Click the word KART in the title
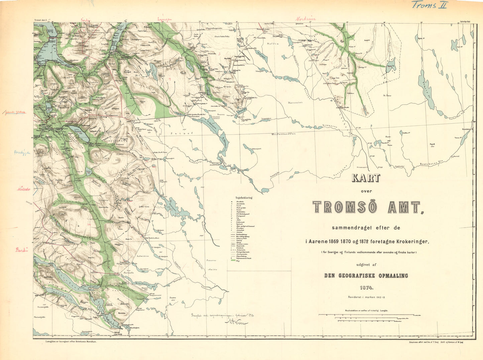click(366, 178)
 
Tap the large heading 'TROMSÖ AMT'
click(367, 207)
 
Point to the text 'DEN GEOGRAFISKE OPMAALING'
click(366, 276)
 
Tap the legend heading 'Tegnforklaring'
click(244, 198)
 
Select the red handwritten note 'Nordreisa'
click(306, 19)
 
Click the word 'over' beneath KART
click(366, 191)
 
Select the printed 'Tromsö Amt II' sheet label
click(41, 21)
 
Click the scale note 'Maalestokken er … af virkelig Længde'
click(366, 310)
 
